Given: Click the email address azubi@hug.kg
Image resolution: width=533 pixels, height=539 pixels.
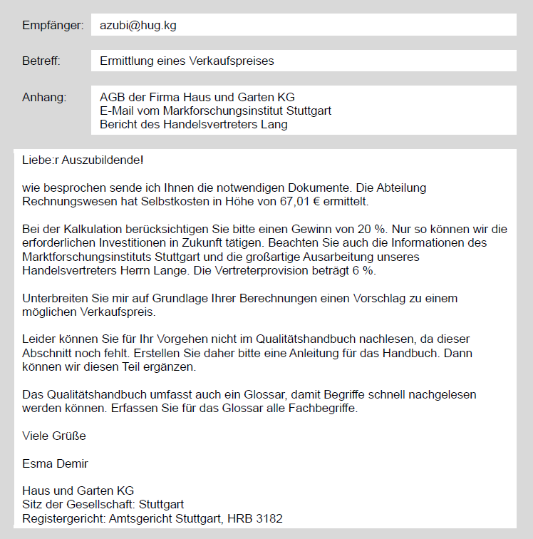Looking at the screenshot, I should coord(138,25).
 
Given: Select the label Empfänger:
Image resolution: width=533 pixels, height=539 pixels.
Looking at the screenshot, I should coord(53,25).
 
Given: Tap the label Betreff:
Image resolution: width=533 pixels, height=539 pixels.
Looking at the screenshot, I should coord(41,61).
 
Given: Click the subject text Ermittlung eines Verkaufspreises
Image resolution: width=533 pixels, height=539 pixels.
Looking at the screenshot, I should coord(187,61).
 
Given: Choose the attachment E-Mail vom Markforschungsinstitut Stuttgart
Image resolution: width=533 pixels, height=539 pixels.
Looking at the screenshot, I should coord(215,111).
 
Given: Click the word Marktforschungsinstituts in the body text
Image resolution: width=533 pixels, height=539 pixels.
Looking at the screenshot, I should coord(86,257).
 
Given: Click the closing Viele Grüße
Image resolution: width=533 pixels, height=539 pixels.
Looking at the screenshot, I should coord(54,436).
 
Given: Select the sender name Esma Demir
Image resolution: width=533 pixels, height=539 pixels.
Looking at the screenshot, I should coord(56,463).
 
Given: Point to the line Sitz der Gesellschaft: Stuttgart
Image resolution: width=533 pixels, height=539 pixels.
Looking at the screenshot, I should coord(103,505).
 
